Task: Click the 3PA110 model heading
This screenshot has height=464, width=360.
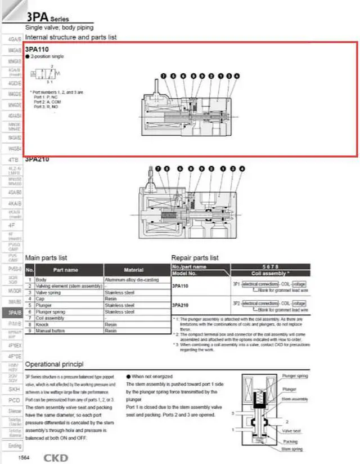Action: click(33, 49)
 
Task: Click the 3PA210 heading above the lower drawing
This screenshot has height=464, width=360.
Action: click(37, 159)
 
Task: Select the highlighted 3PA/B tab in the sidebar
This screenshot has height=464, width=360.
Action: click(15, 312)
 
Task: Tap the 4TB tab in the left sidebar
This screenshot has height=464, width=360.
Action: click(15, 160)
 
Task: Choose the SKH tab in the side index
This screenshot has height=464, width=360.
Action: click(15, 389)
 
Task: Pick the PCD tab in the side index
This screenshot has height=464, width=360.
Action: click(15, 400)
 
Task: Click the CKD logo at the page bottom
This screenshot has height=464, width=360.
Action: click(56, 457)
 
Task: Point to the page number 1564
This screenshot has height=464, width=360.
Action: click(24, 458)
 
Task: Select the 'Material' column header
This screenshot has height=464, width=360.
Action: click(133, 270)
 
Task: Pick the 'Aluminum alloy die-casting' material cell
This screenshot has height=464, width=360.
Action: click(132, 279)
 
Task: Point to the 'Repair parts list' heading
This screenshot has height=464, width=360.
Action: click(195, 257)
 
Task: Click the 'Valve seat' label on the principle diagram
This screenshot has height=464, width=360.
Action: click(292, 431)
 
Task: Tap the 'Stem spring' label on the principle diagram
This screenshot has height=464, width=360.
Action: click(292, 449)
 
